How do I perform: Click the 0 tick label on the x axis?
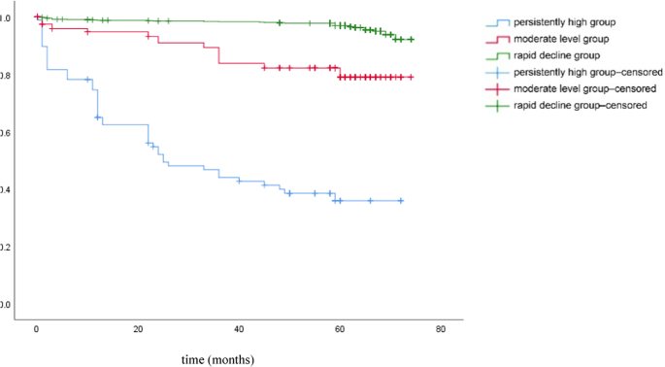tap(36, 330)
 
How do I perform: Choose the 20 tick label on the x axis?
tap(137, 330)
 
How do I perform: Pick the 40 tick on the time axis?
tap(238, 330)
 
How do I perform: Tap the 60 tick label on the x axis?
tap(340, 330)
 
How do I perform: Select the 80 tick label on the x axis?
tap(441, 330)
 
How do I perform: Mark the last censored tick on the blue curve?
tap(400, 201)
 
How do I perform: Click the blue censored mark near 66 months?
tap(370, 201)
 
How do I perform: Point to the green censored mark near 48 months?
tap(280, 22)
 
